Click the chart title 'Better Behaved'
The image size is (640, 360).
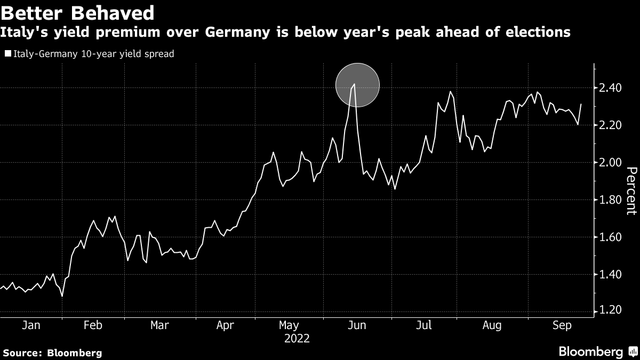(78, 12)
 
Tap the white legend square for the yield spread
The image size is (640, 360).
(7, 54)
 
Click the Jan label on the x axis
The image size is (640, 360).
(30, 325)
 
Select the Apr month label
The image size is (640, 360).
(225, 325)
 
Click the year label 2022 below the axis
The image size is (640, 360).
(297, 338)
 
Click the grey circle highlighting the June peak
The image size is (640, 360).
(357, 85)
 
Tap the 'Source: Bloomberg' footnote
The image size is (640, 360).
(52, 353)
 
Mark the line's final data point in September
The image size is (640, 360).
(581, 105)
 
